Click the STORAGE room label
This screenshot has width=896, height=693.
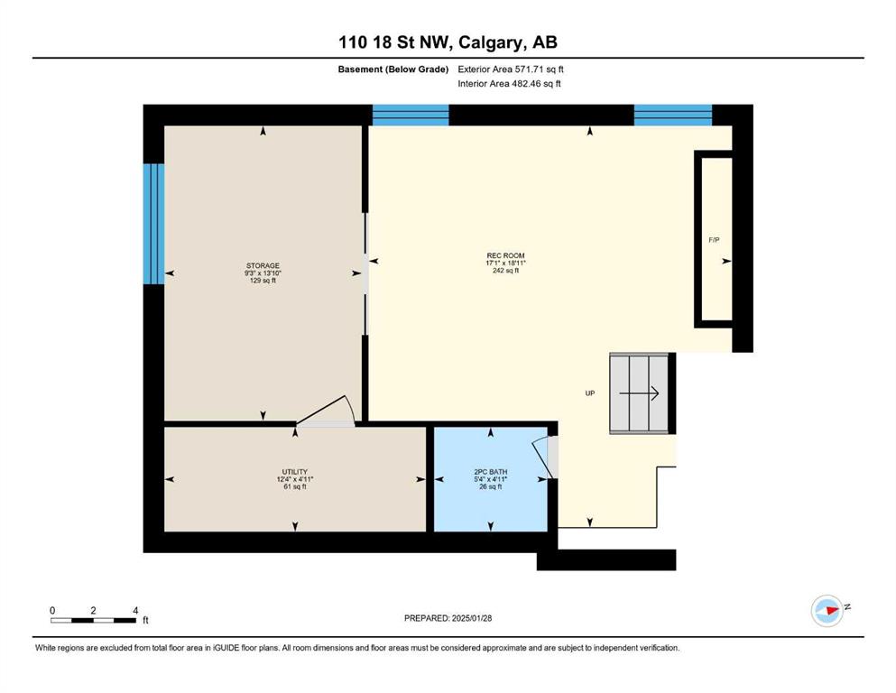[263, 265]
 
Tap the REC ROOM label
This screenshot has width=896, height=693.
[505, 255]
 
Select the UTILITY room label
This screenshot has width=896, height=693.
[295, 472]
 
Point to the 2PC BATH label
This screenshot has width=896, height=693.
[490, 472]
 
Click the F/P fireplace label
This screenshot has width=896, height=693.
[714, 241]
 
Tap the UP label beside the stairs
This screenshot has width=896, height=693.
[590, 393]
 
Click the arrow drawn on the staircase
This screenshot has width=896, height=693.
[640, 393]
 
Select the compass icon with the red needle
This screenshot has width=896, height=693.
[827, 610]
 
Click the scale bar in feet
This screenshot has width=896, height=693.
[94, 620]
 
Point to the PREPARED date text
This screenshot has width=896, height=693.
[448, 618]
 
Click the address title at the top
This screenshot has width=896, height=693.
[448, 42]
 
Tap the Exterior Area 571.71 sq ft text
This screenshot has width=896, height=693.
[511, 69]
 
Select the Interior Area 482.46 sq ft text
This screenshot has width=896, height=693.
[509, 83]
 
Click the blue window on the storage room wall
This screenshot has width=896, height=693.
[153, 224]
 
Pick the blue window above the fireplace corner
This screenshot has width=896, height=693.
[673, 115]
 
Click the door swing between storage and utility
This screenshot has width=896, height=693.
[327, 411]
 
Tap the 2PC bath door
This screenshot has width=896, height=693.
[545, 457]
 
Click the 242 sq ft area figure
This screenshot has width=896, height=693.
[505, 271]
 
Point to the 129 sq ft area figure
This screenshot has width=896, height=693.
[263, 281]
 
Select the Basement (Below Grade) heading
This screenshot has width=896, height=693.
[393, 69]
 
